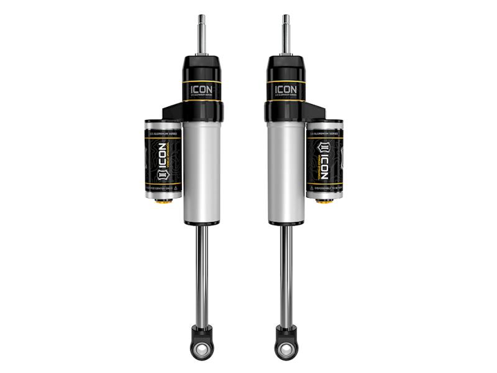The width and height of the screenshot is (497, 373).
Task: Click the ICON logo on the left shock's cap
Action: coord(201,89)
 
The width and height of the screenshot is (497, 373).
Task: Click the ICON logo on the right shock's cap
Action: coord(286,89)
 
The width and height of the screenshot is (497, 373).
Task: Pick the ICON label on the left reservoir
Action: coord(162,159)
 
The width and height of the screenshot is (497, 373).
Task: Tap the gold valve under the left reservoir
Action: coord(166,204)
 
